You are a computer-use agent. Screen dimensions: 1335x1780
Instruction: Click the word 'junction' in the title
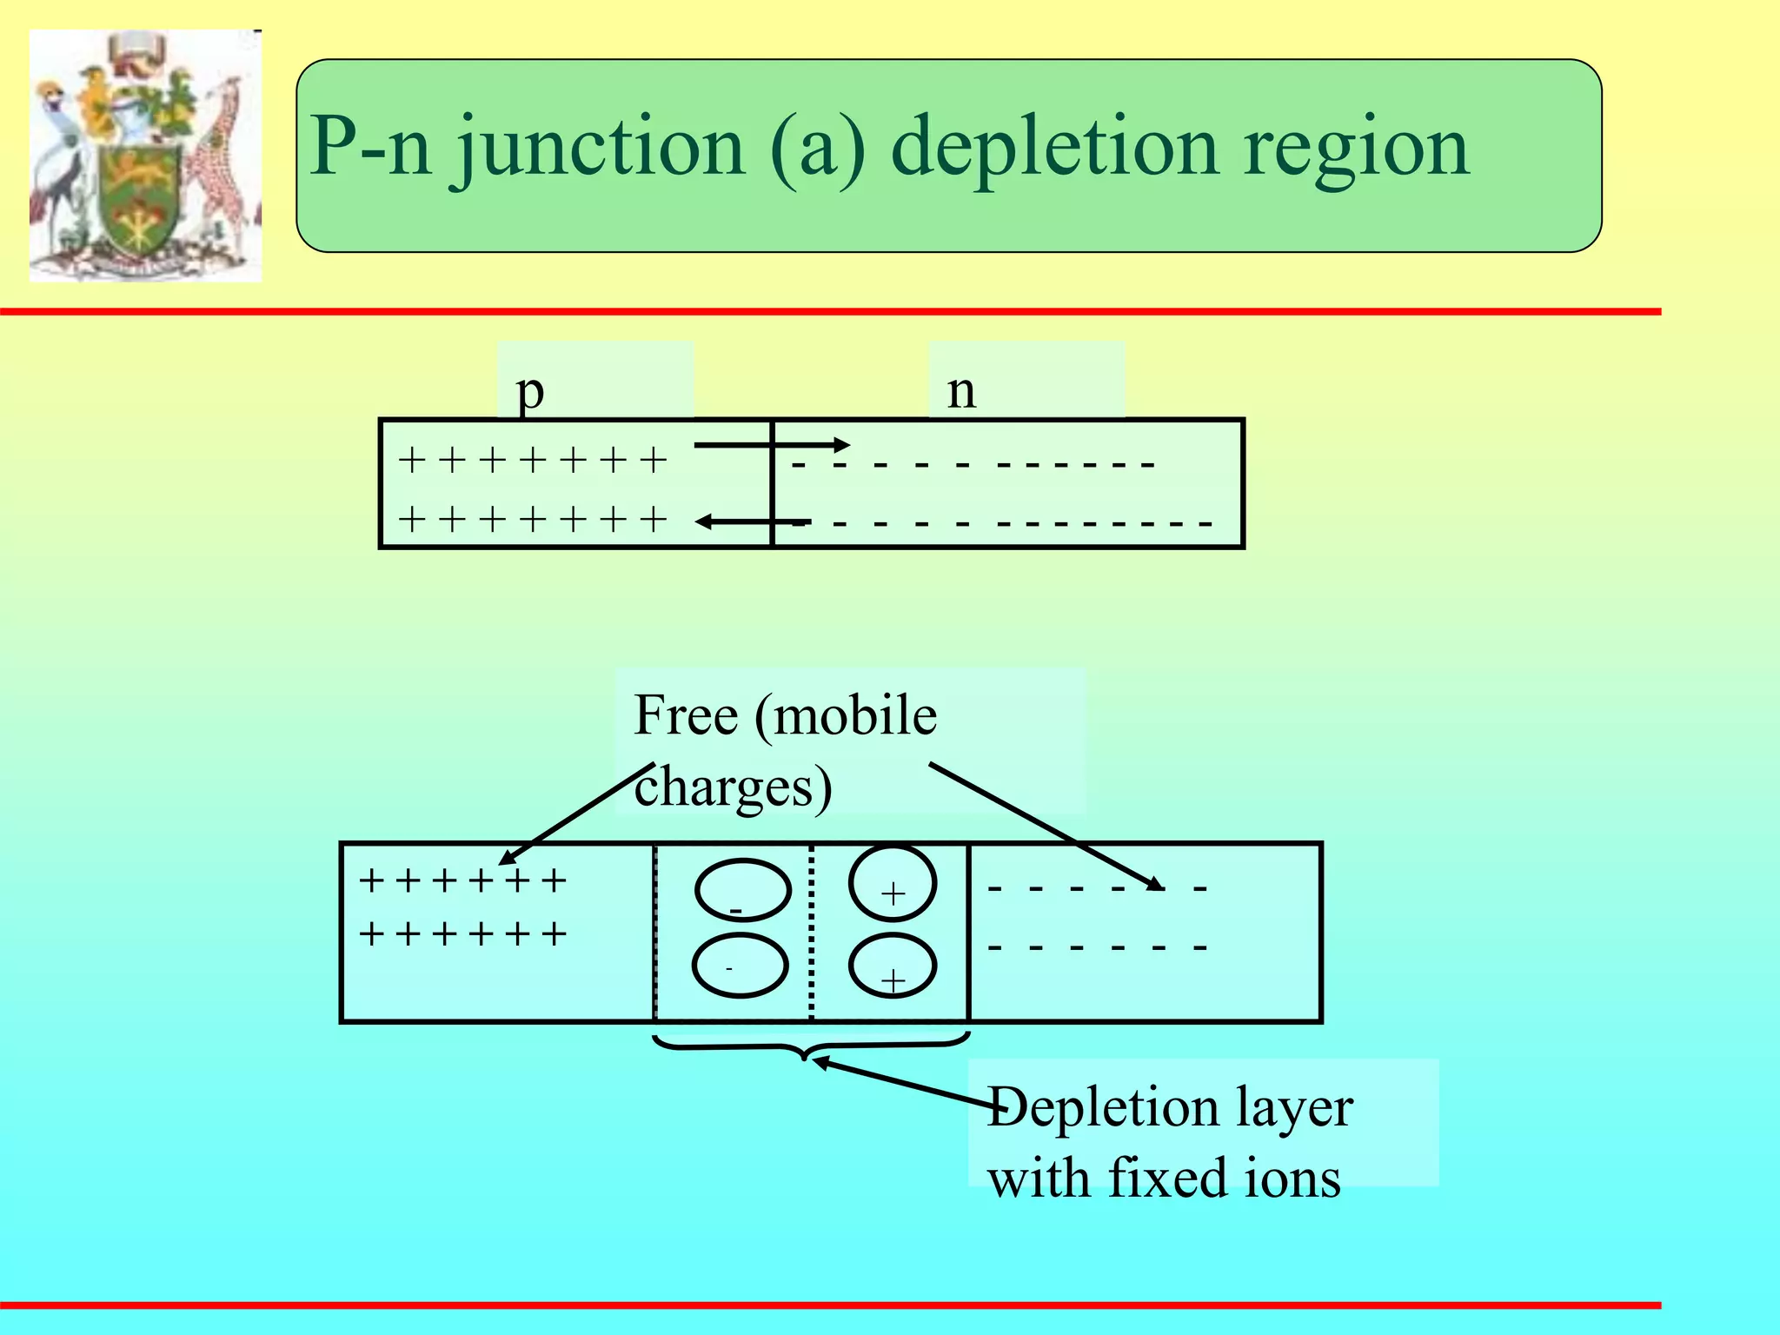600,148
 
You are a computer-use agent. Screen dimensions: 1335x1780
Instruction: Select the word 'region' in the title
1356,148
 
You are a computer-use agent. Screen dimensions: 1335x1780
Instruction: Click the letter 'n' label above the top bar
961,391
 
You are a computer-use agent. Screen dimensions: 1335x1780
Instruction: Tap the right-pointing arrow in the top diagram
772,446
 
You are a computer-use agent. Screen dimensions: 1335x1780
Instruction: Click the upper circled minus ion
742,890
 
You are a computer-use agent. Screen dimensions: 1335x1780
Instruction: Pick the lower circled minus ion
740,966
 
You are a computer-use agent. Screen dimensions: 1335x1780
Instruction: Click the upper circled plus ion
893,884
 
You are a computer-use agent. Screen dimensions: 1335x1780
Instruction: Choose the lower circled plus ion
893,966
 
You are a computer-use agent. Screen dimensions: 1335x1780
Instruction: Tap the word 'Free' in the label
686,715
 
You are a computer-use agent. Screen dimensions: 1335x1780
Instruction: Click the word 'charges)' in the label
733,787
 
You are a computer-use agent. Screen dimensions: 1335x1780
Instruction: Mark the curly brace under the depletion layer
810,1046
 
